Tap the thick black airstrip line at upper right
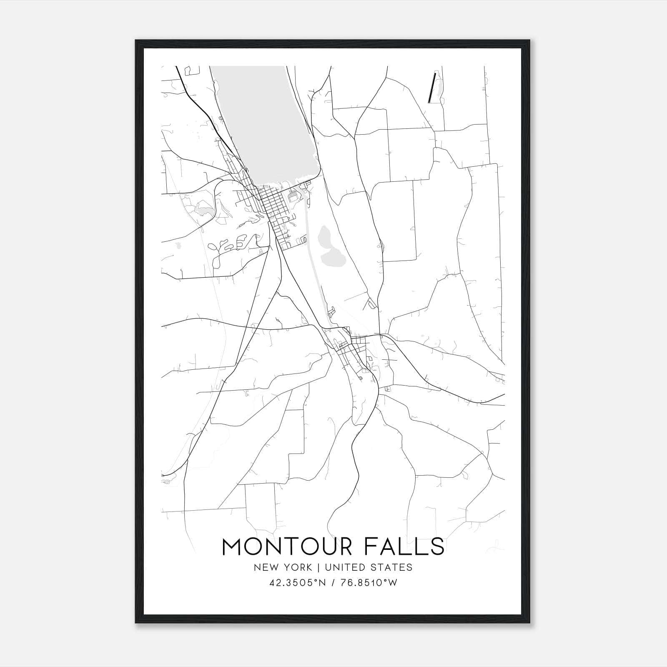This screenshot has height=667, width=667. pyautogui.click(x=431, y=88)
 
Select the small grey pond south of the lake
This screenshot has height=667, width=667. pyautogui.click(x=329, y=250)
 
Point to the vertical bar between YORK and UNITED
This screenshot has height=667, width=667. pyautogui.click(x=318, y=567)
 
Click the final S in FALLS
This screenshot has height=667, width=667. pyautogui.click(x=437, y=547)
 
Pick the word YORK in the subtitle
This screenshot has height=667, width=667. pyautogui.click(x=298, y=567)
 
